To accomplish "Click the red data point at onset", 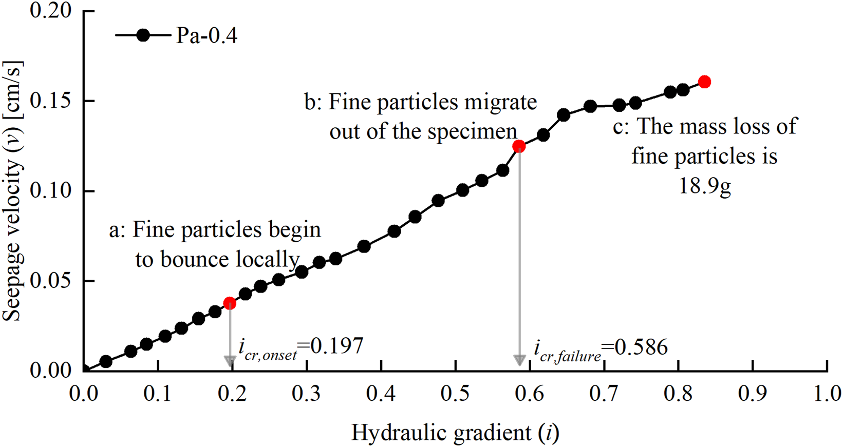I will (x=230, y=303).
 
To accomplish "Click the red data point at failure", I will (x=519, y=147).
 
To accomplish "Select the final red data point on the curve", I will (x=704, y=82).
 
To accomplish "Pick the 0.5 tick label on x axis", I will (x=455, y=394).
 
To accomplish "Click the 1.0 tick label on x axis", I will (x=827, y=394).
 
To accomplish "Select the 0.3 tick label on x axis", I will (x=307, y=394).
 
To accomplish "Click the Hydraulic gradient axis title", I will (x=455, y=433).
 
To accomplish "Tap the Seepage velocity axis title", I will (x=12, y=191).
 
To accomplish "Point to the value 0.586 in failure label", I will (x=641, y=347).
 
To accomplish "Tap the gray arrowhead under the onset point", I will (x=230, y=361).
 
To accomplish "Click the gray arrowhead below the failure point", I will (x=519, y=360).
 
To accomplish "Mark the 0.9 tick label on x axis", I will (x=753, y=394).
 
